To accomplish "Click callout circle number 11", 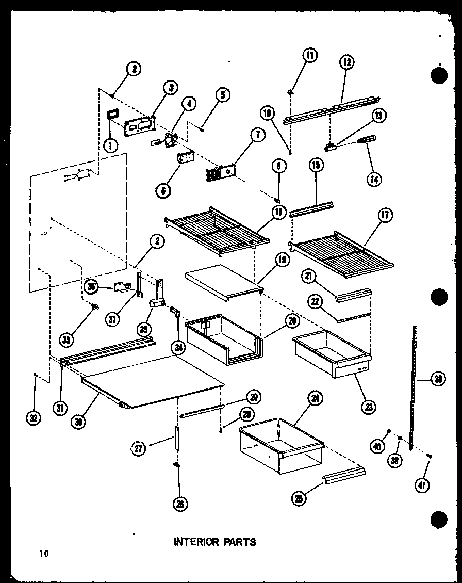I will [310, 56].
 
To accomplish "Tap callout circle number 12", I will [346, 62].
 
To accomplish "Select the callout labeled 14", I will [374, 179].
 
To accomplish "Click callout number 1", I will [109, 146].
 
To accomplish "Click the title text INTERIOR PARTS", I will [214, 542].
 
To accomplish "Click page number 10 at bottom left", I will [42, 554].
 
